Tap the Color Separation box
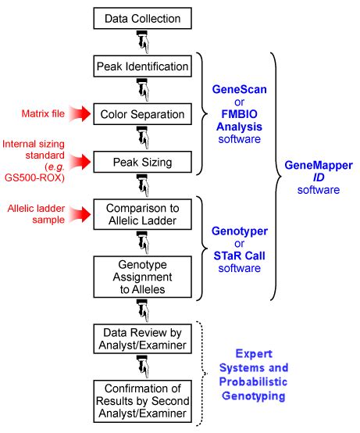[142, 115]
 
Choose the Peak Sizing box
[142, 164]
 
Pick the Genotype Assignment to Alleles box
[142, 277]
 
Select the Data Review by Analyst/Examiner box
[142, 340]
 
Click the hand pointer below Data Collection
[142, 39]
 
